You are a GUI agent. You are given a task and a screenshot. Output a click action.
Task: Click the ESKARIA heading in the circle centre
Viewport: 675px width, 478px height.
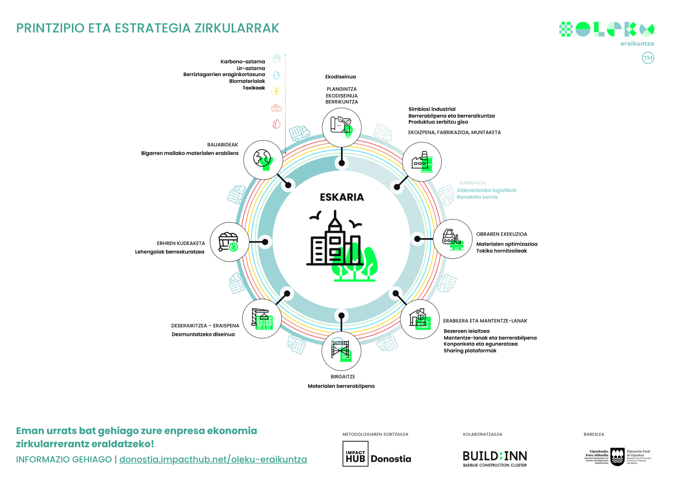click(x=342, y=197)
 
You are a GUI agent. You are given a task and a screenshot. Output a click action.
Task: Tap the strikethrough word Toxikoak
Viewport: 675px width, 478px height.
click(x=254, y=88)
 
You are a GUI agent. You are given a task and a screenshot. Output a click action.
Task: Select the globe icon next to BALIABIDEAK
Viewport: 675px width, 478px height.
click(x=263, y=160)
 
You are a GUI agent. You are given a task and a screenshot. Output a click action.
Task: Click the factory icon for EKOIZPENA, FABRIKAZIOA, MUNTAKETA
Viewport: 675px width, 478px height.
click(x=422, y=162)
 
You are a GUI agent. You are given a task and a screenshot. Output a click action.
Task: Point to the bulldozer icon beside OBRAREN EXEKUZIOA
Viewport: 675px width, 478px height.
click(x=453, y=239)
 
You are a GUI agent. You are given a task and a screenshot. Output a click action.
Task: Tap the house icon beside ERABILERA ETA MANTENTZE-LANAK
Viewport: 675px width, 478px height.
click(x=420, y=319)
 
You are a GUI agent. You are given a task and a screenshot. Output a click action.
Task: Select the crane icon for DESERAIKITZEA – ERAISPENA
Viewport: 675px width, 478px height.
click(x=262, y=319)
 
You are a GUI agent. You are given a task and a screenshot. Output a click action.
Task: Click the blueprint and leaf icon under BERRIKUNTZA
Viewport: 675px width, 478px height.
click(x=342, y=127)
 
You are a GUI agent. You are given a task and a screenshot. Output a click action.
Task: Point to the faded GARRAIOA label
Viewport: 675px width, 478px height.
click(x=472, y=183)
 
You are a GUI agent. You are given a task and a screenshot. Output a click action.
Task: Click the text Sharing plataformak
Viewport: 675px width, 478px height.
click(x=470, y=351)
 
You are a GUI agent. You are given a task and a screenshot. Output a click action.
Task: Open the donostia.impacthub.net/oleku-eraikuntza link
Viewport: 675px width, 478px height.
click(x=213, y=459)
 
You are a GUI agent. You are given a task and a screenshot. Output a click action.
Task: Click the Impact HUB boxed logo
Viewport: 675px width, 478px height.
click(x=355, y=454)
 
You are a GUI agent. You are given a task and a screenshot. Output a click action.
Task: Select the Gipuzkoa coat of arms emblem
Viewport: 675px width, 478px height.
click(x=618, y=457)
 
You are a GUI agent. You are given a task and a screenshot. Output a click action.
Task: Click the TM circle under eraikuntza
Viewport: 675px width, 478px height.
click(x=648, y=58)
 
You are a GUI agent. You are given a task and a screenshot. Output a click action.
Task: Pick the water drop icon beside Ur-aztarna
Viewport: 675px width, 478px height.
click(x=276, y=75)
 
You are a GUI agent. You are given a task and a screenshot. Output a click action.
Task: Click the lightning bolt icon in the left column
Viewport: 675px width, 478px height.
click(x=276, y=91)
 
